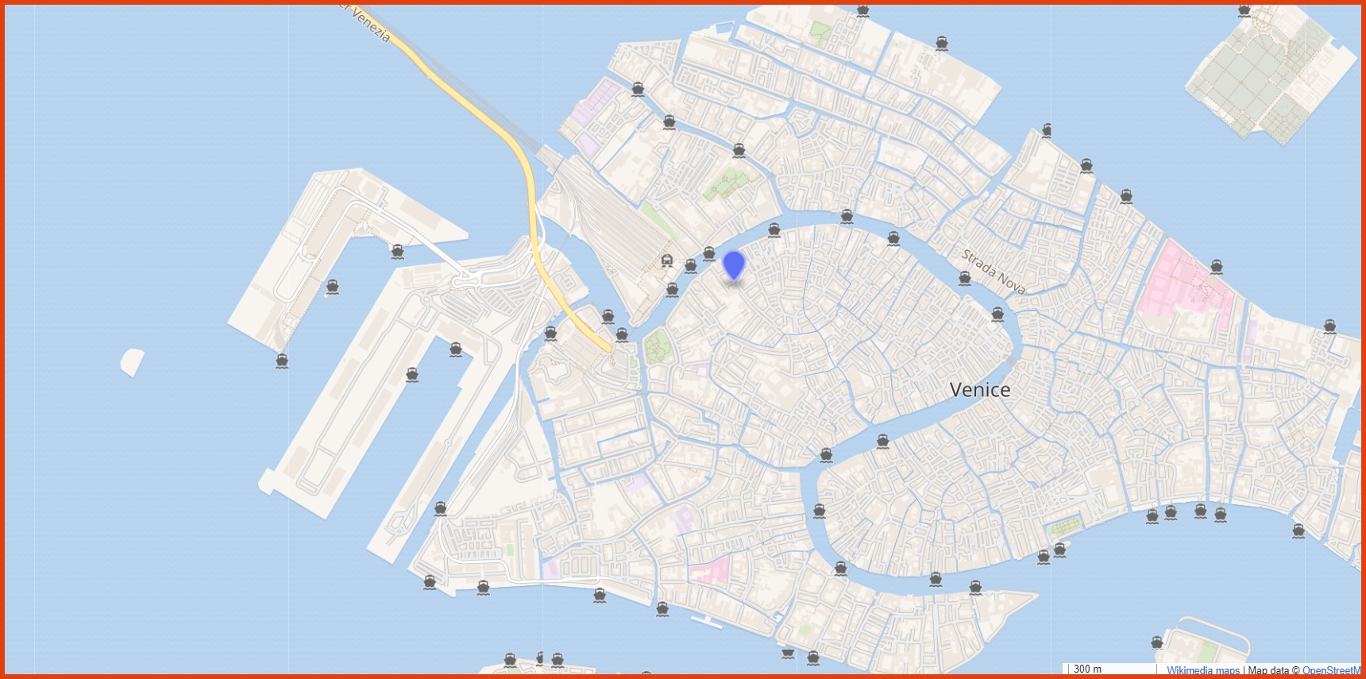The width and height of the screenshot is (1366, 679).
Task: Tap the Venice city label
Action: [x=980, y=390]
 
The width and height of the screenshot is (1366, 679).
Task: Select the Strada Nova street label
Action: [x=993, y=272]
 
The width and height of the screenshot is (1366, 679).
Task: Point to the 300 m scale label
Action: [x=1087, y=669]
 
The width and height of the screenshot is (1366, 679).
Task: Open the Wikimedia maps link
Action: [x=1202, y=671]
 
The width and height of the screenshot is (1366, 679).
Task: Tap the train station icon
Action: [x=667, y=260]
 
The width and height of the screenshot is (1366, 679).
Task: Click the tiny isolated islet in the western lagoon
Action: [x=133, y=361]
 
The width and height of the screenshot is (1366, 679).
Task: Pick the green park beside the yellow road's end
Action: [x=657, y=348]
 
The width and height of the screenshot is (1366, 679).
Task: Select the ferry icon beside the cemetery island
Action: [x=1244, y=11]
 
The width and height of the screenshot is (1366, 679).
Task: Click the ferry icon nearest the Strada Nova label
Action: [x=965, y=278]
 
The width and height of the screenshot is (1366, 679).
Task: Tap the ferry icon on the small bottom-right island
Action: [x=1157, y=642]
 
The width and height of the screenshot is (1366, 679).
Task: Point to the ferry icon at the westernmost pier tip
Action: [x=282, y=361]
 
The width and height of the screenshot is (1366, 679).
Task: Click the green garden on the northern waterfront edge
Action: [x=819, y=32]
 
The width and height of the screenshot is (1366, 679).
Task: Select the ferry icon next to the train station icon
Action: [x=690, y=266]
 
